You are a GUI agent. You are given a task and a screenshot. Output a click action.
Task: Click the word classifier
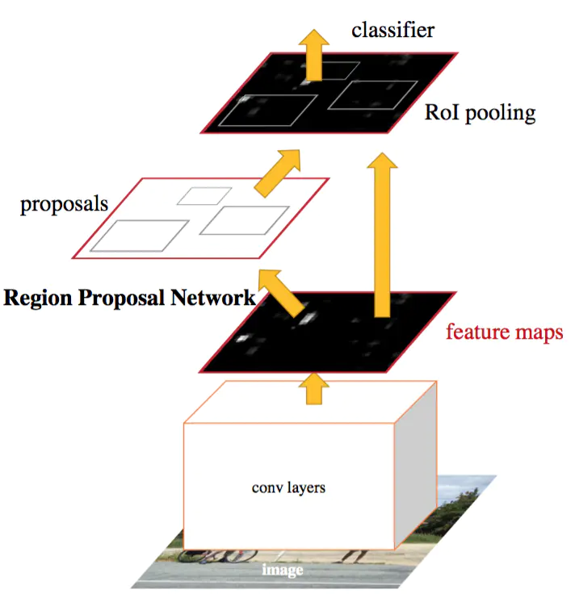tap(392, 30)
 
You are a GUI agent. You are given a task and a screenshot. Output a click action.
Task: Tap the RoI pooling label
tap(480, 113)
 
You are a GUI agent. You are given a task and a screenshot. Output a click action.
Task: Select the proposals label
tap(64, 204)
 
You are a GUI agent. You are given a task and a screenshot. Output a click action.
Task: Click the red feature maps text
tap(504, 332)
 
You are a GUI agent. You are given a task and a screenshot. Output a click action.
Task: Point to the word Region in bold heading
tap(38, 299)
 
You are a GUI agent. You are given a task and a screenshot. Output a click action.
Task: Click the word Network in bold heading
tap(213, 298)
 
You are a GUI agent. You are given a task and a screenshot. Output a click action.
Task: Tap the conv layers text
tap(288, 488)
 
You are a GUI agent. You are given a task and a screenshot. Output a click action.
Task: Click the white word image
tap(283, 570)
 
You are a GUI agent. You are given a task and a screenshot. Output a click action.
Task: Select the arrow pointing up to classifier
tap(314, 55)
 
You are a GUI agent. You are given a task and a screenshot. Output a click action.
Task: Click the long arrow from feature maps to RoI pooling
tap(382, 235)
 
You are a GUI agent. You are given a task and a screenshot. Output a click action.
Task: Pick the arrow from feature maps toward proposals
tap(281, 293)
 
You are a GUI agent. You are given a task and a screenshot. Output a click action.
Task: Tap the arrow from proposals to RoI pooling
tap(278, 173)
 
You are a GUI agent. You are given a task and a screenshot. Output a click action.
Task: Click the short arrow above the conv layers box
tap(314, 388)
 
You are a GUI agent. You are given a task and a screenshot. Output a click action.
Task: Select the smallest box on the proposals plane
tap(204, 196)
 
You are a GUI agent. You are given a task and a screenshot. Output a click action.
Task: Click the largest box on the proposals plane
tap(140, 236)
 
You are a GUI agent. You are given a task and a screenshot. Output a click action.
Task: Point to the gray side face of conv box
tap(416, 465)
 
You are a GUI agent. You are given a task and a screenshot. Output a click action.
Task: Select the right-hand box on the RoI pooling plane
tap(372, 95)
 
